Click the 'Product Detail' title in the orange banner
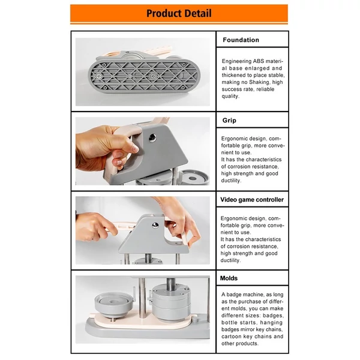(179, 13)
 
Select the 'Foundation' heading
(241, 40)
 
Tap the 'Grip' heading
(229, 121)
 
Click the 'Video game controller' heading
(252, 200)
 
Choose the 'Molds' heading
(229, 278)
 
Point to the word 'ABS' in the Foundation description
(257, 61)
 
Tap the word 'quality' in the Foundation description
(230, 96)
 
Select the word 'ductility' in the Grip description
(231, 181)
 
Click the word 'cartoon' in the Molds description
(231, 337)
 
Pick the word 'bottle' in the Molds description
(229, 323)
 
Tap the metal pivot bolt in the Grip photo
(152, 138)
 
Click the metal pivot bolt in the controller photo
(155, 226)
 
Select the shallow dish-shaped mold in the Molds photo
(113, 304)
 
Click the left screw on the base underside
(99, 76)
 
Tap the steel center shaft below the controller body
(148, 259)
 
